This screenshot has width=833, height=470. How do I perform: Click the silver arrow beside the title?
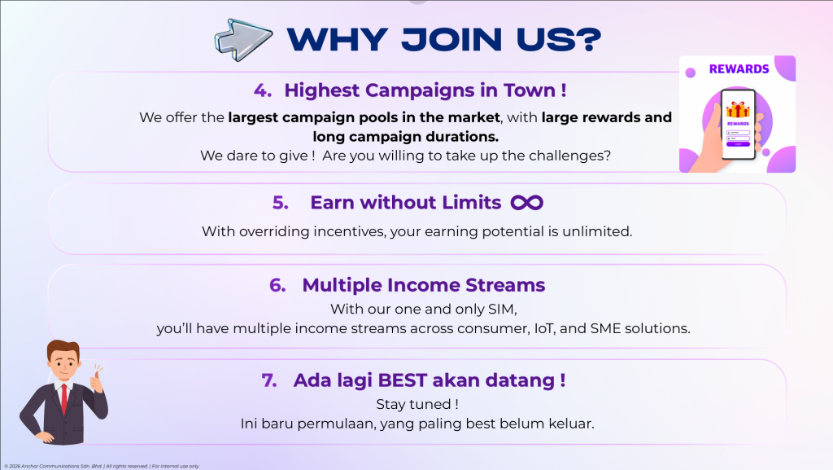tap(243, 39)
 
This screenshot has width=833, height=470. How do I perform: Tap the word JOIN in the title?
tap(451, 40)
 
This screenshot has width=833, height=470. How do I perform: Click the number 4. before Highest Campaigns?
tap(263, 90)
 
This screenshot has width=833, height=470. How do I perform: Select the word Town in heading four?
tap(529, 90)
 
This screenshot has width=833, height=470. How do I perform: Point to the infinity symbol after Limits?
tap(526, 203)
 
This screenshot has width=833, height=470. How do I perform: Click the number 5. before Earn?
tap(281, 203)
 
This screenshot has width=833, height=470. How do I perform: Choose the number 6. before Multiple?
tap(277, 285)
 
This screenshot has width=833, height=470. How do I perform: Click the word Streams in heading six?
tap(505, 285)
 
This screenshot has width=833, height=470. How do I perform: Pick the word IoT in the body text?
tap(544, 328)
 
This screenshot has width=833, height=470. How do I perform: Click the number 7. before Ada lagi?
tap(269, 380)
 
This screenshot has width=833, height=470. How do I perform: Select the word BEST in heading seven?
tap(402, 380)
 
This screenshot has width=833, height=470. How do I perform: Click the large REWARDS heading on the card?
tap(739, 69)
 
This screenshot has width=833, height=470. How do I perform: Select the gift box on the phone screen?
tap(738, 110)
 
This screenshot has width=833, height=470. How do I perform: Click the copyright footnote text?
tap(102, 466)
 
